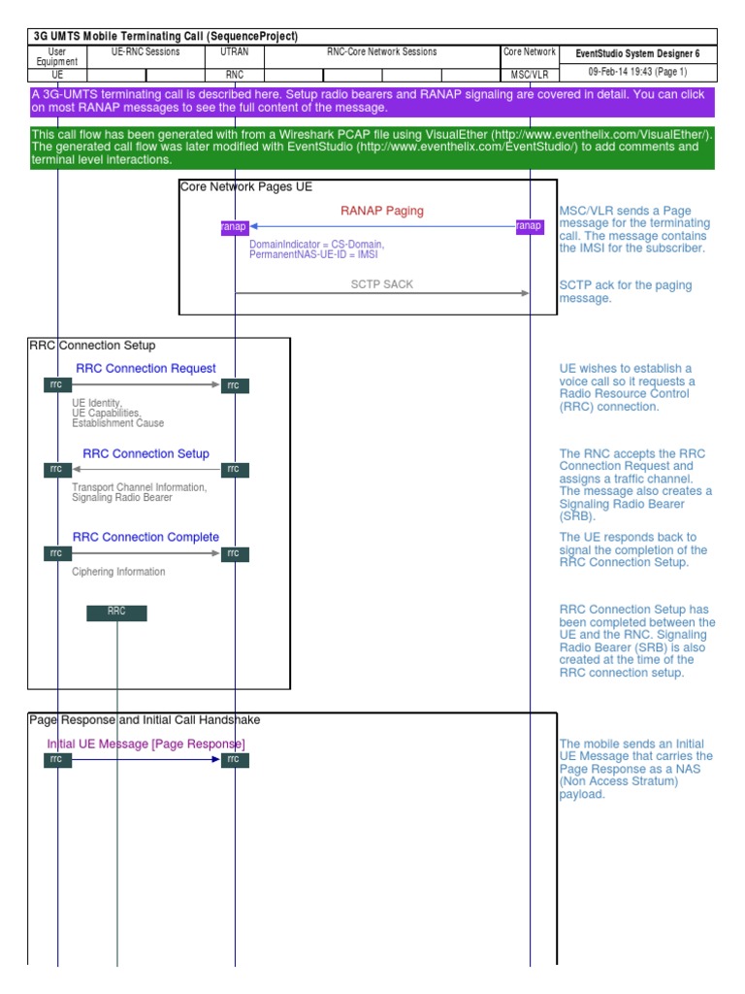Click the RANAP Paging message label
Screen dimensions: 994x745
click(381, 211)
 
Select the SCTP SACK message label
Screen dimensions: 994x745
click(381, 284)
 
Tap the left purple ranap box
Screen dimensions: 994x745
click(235, 226)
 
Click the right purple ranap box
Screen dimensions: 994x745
click(529, 226)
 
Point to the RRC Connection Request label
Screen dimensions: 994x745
click(146, 368)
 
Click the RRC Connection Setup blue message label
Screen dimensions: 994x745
click(146, 453)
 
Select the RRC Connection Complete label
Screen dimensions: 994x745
click(146, 537)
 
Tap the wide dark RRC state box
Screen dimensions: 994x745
click(116, 613)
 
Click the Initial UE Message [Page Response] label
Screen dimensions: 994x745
click(146, 744)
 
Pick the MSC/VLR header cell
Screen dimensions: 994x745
click(530, 74)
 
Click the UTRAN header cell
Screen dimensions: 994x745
click(235, 52)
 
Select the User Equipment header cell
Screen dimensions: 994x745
click(56, 56)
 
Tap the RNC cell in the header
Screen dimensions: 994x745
click(235, 74)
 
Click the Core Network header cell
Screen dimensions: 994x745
click(530, 52)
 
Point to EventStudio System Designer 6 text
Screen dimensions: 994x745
click(637, 54)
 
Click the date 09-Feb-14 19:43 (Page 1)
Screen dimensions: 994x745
click(637, 72)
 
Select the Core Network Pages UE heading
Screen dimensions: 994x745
click(246, 186)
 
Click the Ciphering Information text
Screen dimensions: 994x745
click(118, 572)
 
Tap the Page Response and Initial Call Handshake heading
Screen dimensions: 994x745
click(145, 720)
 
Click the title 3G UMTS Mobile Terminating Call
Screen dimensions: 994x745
click(166, 36)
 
